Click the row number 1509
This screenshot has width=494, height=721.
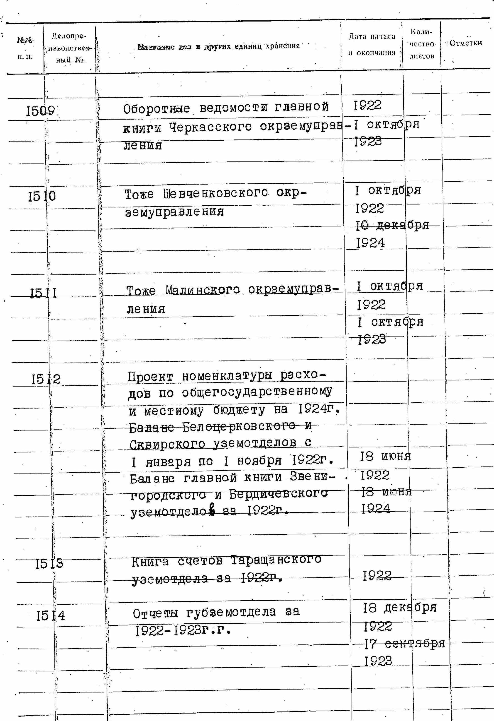coord(41,111)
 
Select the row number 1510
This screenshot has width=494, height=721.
coord(42,196)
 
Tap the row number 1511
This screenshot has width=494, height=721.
coord(44,293)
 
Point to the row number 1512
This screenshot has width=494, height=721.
coord(46,379)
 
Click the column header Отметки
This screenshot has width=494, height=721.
coord(465,43)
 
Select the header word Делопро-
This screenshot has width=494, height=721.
coord(69,36)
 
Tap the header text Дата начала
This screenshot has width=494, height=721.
coord(372,37)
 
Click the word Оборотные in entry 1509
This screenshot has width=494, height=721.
coord(156,109)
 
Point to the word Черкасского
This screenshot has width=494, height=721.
coord(210,127)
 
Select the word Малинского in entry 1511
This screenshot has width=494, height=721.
coord(203,290)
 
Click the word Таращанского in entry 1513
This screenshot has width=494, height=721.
coord(276,560)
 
